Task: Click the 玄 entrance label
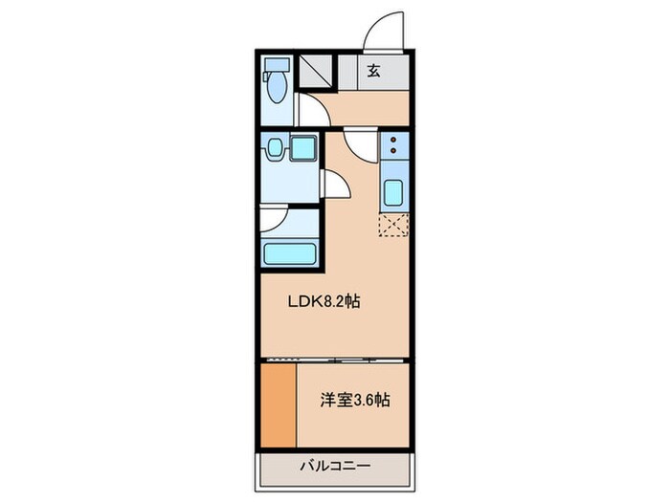point(373,70)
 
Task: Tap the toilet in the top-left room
point(276,85)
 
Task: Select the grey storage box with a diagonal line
point(316,70)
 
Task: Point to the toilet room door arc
point(311,111)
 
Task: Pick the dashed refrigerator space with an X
point(393,226)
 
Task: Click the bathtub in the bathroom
point(289,255)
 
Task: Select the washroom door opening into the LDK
point(336,185)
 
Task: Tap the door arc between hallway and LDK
point(361,145)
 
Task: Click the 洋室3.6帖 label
point(355,401)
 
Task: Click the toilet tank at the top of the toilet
point(276,67)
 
